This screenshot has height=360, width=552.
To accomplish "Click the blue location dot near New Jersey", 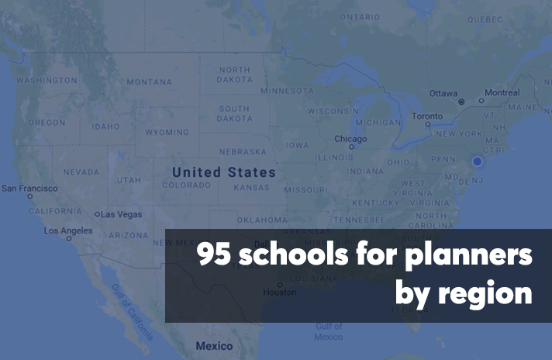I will (x=477, y=161).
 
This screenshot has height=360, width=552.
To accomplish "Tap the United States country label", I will (x=223, y=172).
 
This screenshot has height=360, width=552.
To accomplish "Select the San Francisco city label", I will (x=29, y=189).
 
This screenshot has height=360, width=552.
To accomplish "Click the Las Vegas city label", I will (x=122, y=214).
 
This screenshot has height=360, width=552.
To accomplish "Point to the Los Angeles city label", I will (x=67, y=230).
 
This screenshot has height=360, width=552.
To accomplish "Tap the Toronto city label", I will (x=427, y=116).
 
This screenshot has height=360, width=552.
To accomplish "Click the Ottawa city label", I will (x=443, y=93).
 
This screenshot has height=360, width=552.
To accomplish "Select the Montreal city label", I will (x=502, y=93).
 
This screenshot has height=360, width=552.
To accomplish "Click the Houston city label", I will (x=279, y=292).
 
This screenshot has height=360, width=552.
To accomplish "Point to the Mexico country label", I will (x=213, y=345).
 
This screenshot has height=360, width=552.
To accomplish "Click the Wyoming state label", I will (x=167, y=133).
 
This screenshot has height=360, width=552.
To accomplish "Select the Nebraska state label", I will (x=243, y=152).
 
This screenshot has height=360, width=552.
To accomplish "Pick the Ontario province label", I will (x=360, y=16).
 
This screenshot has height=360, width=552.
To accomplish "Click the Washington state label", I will (x=47, y=81).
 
